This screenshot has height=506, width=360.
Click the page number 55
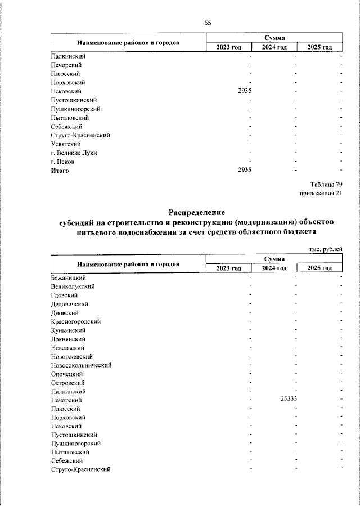[208, 23]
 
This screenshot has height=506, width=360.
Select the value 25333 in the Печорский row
[288, 399]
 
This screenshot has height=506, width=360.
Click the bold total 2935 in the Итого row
[245, 171]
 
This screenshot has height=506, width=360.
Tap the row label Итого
[60, 171]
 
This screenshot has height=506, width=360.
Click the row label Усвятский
[65, 144]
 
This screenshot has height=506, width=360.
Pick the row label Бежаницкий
[68, 277]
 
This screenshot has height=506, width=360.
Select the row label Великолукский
[73, 286]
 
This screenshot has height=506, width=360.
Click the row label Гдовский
[64, 295]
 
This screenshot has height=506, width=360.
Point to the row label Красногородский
[75, 321]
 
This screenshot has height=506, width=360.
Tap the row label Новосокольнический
[81, 365]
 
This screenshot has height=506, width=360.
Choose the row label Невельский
[67, 347]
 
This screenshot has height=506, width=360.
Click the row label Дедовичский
[69, 303]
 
